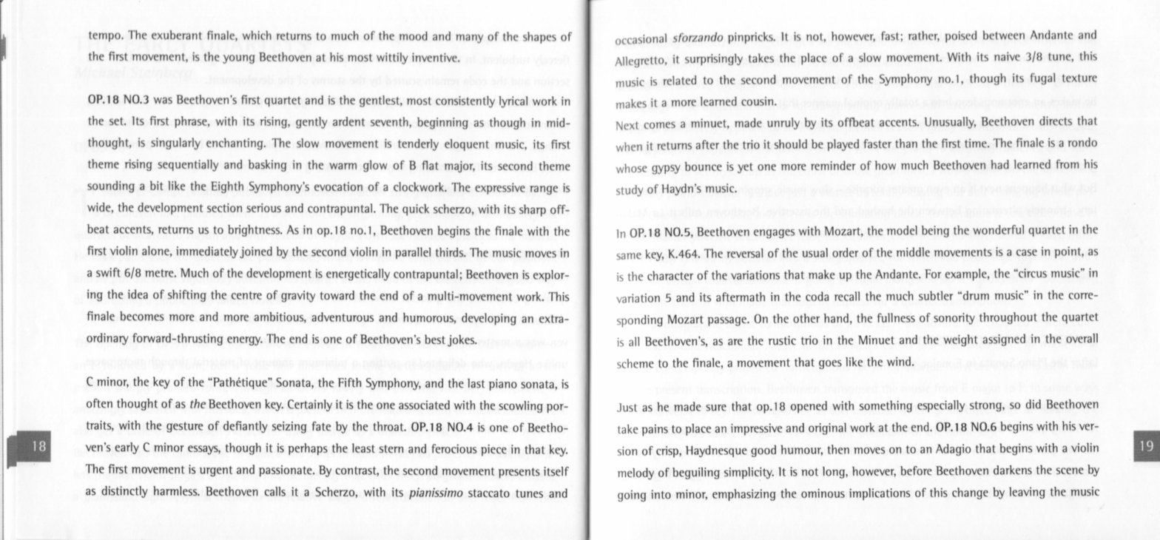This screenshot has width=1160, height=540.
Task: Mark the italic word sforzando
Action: [x=698, y=37]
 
